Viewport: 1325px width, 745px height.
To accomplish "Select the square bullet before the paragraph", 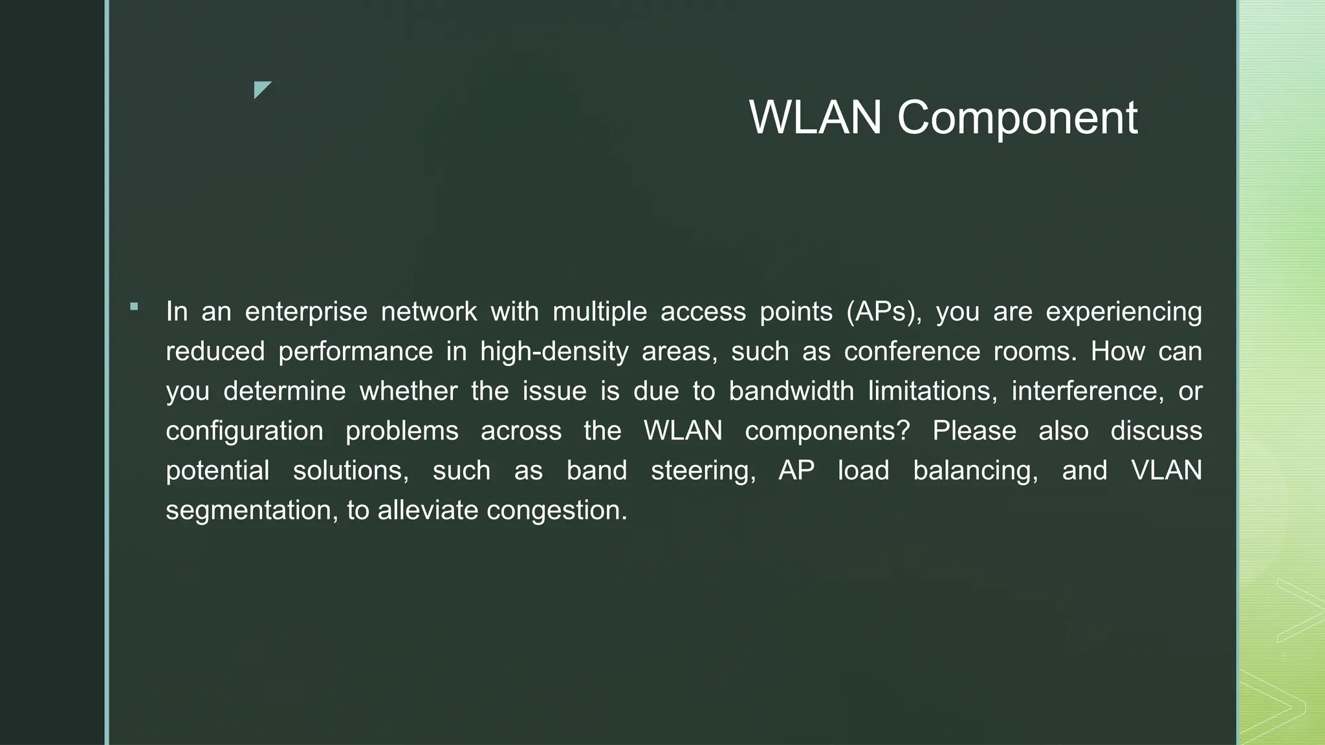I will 134,307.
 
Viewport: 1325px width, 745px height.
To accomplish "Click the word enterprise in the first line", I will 306,312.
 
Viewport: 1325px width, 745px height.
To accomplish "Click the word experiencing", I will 1124,312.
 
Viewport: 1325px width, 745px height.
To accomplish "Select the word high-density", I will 554,352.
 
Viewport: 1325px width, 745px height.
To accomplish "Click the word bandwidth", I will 791,391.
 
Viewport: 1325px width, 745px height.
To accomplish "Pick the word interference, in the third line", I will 1088,391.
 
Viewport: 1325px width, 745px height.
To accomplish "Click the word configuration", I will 245,431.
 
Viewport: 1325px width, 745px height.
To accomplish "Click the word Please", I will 974,431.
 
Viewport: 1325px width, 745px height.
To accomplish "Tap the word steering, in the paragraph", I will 703,471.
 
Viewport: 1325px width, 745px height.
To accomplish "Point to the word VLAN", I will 1166,471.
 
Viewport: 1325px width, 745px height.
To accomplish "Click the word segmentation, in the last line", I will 252,511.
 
